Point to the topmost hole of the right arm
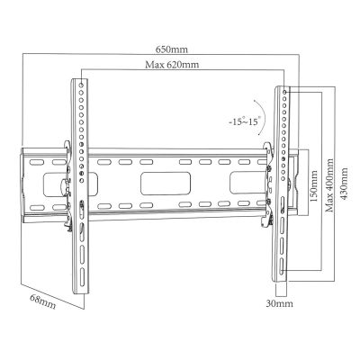point(284,92)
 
